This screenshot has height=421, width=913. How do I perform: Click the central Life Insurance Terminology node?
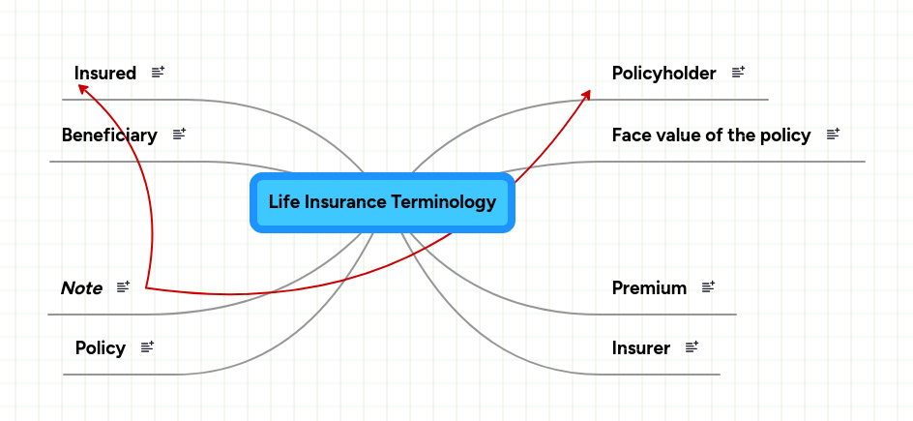(382, 202)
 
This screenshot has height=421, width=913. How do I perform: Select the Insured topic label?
(104, 73)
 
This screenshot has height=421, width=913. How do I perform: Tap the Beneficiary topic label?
(108, 135)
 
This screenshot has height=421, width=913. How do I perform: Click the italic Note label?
(81, 287)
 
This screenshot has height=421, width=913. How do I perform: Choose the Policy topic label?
(100, 347)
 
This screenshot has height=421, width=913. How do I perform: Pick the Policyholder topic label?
(663, 73)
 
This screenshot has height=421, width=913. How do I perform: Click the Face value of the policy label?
(711, 135)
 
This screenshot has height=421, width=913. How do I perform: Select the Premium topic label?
(649, 287)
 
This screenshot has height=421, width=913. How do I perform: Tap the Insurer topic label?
(640, 347)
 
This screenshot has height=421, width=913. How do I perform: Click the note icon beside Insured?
(159, 72)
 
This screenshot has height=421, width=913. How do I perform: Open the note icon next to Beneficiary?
(179, 134)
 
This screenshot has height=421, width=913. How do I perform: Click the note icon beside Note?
(124, 286)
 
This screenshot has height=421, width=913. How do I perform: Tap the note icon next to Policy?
(148, 346)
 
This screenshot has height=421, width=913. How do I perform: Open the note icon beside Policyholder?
(739, 72)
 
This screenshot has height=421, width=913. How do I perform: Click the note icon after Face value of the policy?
(834, 134)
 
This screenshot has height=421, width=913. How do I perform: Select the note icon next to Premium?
(709, 286)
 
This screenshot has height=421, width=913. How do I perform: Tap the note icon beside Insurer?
(692, 346)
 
